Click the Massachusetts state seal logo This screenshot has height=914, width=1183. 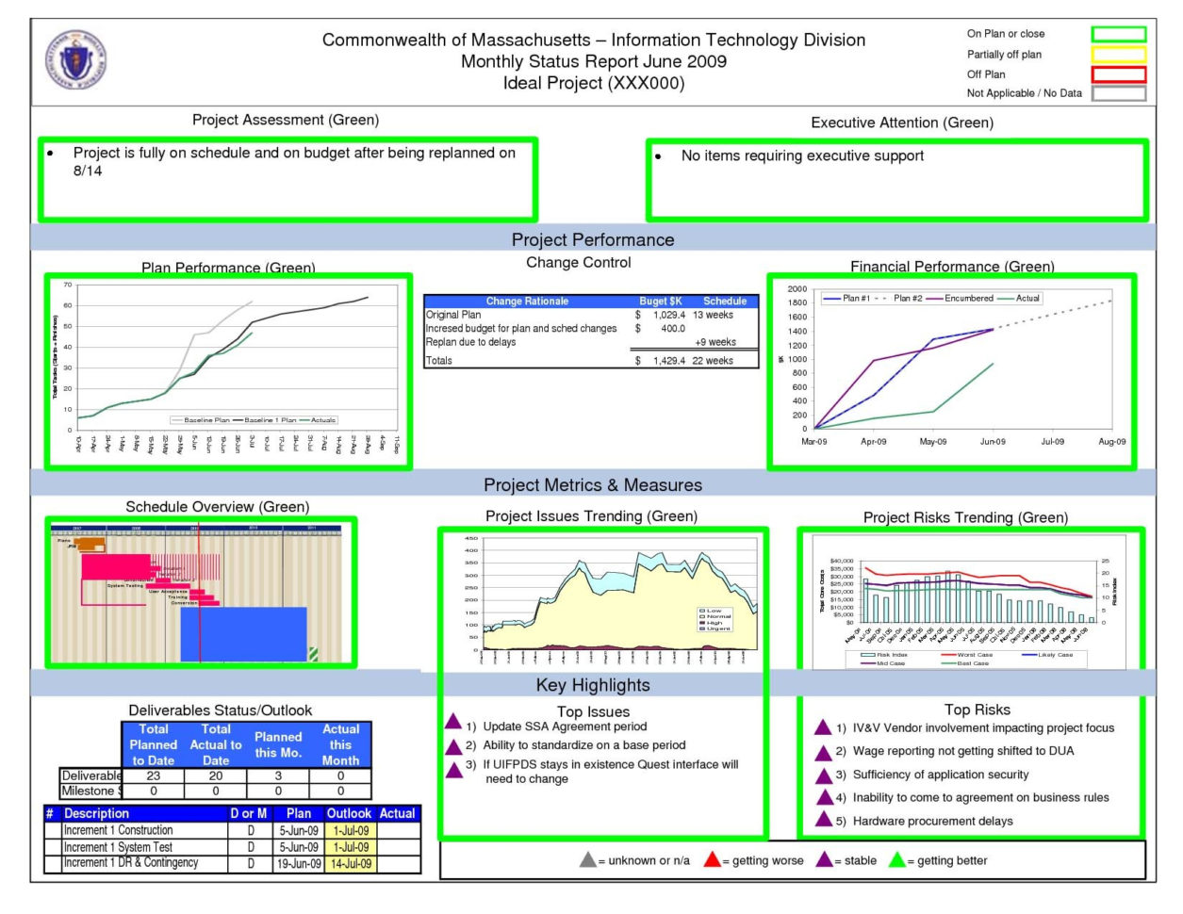(76, 58)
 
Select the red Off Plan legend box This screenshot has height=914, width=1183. (1118, 74)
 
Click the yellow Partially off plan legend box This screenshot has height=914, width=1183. (1118, 55)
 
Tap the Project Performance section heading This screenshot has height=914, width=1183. (592, 239)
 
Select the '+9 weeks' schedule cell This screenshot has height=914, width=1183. (715, 342)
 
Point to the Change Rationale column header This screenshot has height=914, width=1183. (527, 302)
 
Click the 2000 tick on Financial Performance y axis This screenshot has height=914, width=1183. (797, 289)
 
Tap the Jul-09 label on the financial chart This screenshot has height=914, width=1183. (1052, 441)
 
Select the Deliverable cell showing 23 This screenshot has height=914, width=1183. (153, 775)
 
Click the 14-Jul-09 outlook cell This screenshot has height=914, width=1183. (350, 863)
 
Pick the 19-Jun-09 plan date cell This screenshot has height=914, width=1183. (298, 863)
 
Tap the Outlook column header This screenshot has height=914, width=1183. (349, 813)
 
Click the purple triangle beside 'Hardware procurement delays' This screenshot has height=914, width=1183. (824, 820)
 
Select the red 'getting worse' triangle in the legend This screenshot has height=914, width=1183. (712, 859)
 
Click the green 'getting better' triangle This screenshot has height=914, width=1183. (896, 859)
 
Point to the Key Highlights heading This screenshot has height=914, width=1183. (592, 685)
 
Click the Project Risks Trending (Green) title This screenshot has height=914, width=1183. (965, 517)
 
